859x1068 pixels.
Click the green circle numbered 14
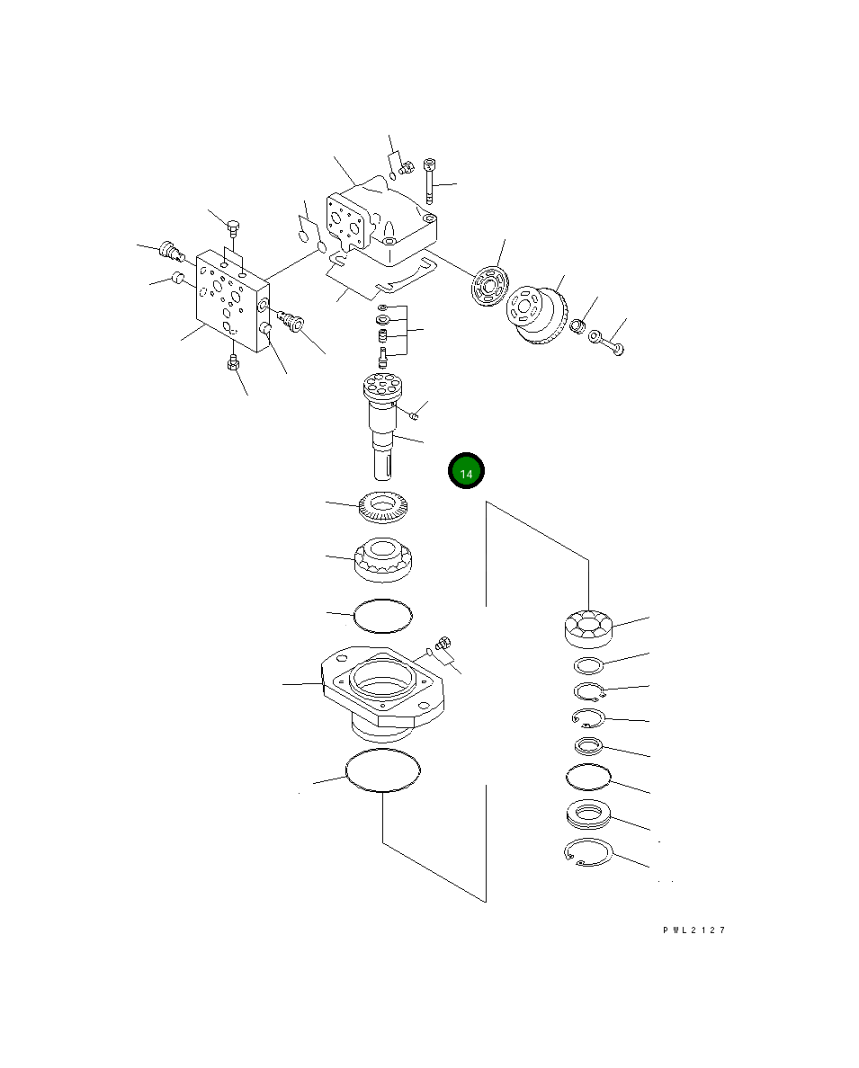click(x=466, y=471)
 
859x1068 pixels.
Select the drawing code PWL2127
click(x=694, y=930)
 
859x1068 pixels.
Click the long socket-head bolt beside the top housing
click(x=429, y=182)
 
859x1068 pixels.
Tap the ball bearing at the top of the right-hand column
click(x=588, y=628)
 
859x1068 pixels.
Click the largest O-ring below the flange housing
click(x=383, y=770)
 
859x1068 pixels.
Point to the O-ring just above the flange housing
click(x=383, y=616)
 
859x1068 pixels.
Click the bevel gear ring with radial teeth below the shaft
click(x=383, y=507)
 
